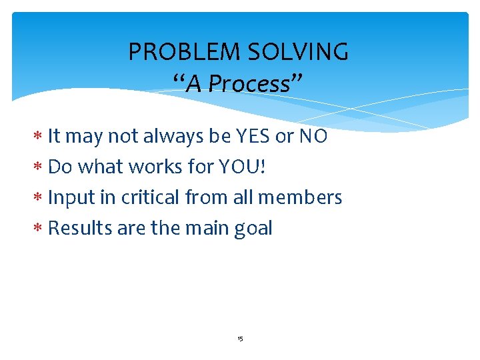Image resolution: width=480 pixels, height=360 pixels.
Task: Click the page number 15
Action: point(240,339)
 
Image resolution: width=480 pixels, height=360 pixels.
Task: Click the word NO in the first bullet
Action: point(313,136)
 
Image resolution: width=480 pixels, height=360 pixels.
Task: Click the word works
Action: point(155,167)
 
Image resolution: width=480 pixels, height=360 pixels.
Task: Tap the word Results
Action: point(80,228)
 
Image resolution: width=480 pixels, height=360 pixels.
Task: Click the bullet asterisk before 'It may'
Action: point(39,137)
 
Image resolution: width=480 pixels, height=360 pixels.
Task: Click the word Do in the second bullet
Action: point(60,167)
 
